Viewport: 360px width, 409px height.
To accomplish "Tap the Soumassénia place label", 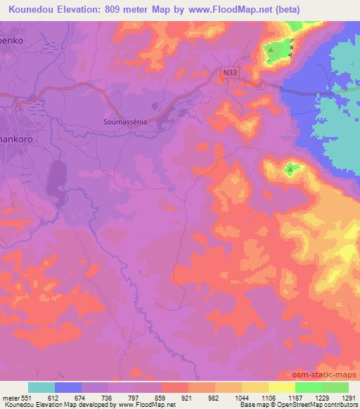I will tap(122, 121).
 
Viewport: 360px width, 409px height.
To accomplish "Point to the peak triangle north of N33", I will tap(270, 50).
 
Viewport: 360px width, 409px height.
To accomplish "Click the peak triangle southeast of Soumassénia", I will tap(290, 168).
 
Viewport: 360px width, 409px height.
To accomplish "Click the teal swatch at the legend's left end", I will tap(41, 388).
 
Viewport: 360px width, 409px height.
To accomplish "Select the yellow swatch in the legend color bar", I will tap(281, 388).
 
